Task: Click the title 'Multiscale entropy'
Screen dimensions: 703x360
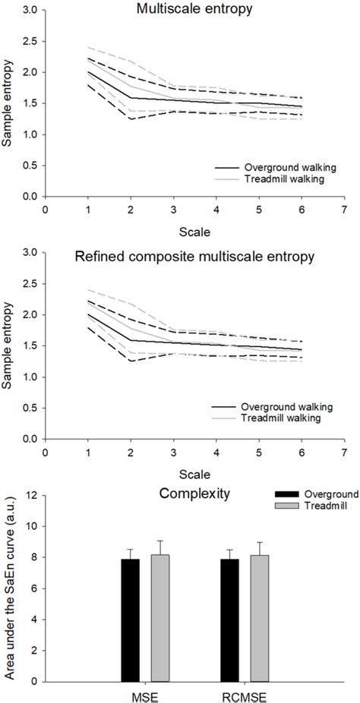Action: coord(194,8)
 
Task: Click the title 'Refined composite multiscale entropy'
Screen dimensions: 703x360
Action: coord(194,257)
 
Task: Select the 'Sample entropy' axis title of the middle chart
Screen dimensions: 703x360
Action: coord(10,346)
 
